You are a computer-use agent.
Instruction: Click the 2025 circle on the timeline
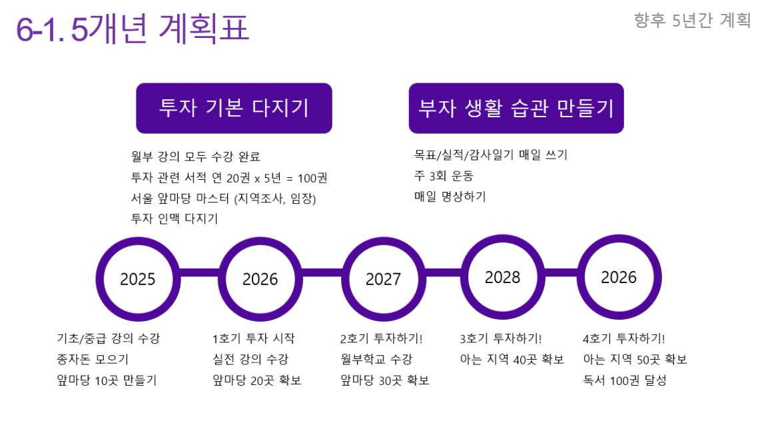pyautogui.click(x=138, y=279)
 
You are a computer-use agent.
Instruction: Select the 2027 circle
pyautogui.click(x=384, y=279)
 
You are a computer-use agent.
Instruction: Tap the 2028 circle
pyautogui.click(x=502, y=277)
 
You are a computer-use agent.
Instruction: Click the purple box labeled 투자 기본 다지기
pyautogui.click(x=234, y=108)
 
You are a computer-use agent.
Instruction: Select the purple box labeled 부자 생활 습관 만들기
pyautogui.click(x=516, y=108)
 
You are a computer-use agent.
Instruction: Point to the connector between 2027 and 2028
pyautogui.click(x=443, y=273)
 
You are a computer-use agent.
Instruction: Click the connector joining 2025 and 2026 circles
pyautogui.click(x=199, y=273)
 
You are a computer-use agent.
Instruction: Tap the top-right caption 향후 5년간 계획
pyautogui.click(x=693, y=20)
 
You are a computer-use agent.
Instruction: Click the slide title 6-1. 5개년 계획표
pyautogui.click(x=133, y=28)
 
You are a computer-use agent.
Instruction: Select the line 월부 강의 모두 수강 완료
pyautogui.click(x=195, y=157)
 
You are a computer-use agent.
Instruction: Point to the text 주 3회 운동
pyautogui.click(x=444, y=176)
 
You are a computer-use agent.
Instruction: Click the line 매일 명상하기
pyautogui.click(x=450, y=197)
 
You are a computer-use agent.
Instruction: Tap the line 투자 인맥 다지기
pyautogui.click(x=175, y=218)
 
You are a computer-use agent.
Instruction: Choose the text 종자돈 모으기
pyautogui.click(x=93, y=360)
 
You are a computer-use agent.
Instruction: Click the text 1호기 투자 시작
pyautogui.click(x=253, y=338)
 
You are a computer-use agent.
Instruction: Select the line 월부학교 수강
pyautogui.click(x=376, y=360)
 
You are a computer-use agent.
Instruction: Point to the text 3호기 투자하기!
pyautogui.click(x=500, y=338)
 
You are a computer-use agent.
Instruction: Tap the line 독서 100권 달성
pyautogui.click(x=625, y=380)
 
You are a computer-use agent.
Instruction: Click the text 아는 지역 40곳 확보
pyautogui.click(x=512, y=360)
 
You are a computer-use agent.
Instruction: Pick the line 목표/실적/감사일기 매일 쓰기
pyautogui.click(x=491, y=155)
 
